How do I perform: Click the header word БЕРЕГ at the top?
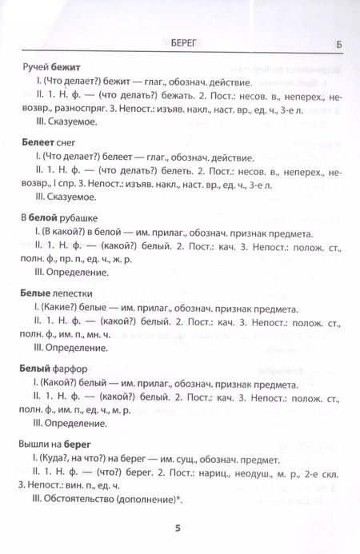[177, 42]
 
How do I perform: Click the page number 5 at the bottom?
[178, 527]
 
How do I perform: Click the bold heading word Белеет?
[34, 141]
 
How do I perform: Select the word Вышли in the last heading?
[33, 440]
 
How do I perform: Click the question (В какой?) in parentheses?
[62, 232]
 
